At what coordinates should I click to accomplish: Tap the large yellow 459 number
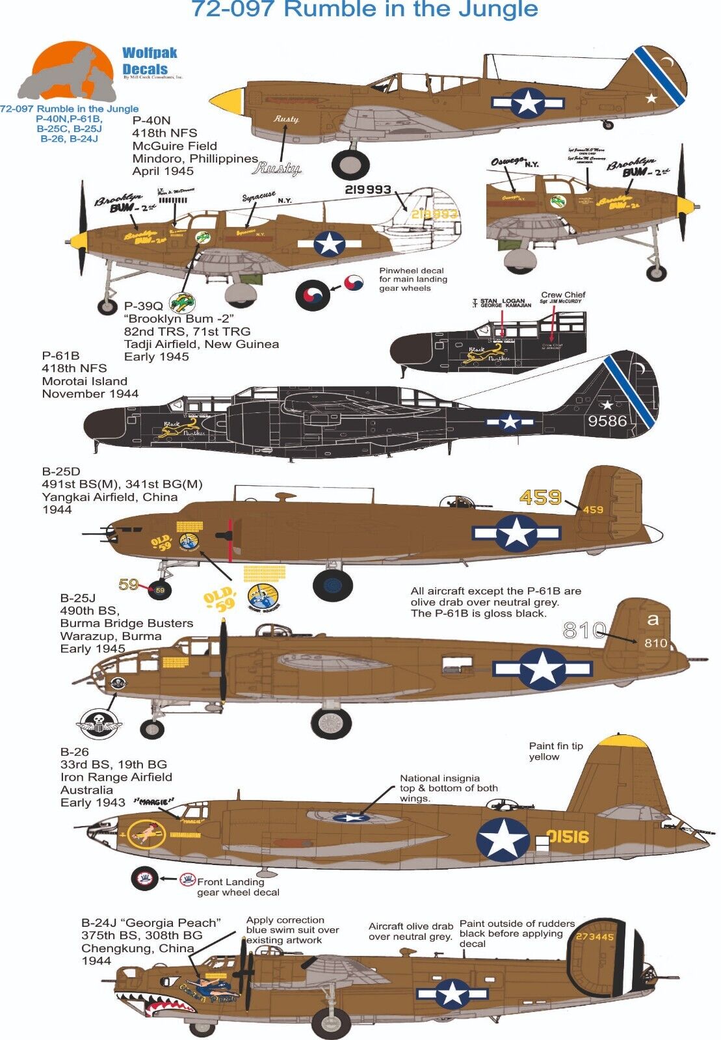[x=540, y=498]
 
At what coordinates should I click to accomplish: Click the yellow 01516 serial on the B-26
[x=568, y=836]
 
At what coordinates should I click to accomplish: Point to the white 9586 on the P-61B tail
[x=607, y=421]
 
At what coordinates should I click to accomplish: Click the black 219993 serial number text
[x=367, y=190]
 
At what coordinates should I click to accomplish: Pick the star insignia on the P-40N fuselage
[x=527, y=102]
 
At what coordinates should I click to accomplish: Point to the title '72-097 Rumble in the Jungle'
[x=365, y=10]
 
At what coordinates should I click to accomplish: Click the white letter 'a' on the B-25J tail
[x=653, y=620]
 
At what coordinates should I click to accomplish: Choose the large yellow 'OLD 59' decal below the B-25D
[x=219, y=599]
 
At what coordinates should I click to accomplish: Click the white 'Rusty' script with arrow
[x=276, y=168]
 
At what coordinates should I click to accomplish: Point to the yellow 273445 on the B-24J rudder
[x=594, y=937]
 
